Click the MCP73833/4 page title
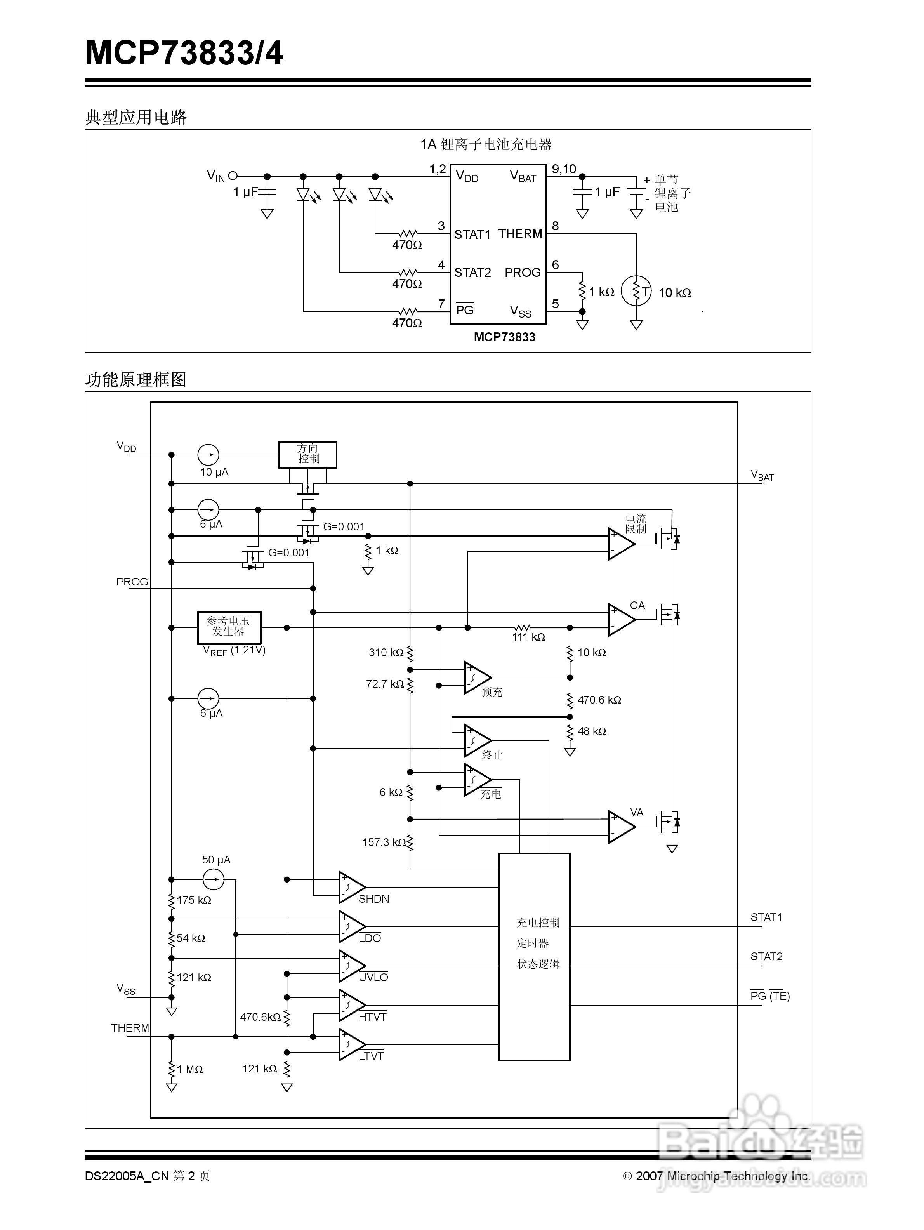tap(184, 53)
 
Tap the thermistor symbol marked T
tap(636, 291)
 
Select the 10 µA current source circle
tap(208, 455)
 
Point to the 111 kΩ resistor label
tap(528, 637)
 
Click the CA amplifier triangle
tap(621, 619)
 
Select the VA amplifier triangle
tap(621, 827)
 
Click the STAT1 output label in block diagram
tap(766, 917)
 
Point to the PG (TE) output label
tap(769, 996)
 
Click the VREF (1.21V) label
tap(234, 650)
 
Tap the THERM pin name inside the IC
tap(520, 234)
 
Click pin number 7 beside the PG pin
tap(441, 304)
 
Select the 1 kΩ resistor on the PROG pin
tap(582, 291)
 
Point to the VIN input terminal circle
tap(233, 176)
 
